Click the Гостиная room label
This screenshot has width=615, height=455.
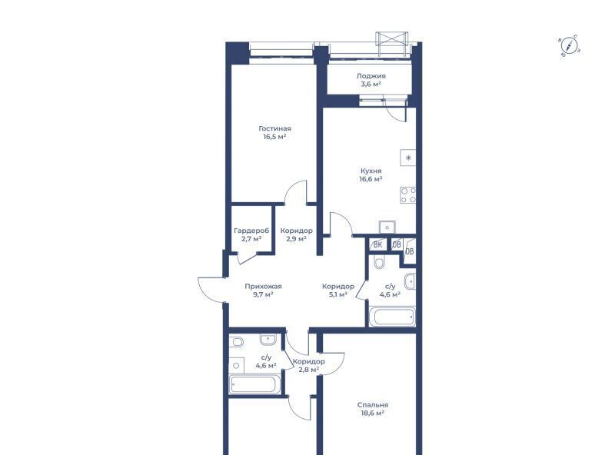tap(274, 132)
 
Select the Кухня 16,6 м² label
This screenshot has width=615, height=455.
tap(371, 175)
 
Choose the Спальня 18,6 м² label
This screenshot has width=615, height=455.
tap(373, 409)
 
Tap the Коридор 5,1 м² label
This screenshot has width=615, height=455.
tap(338, 291)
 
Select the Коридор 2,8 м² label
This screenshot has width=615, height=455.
tap(309, 366)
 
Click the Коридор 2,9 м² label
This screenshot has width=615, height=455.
tap(297, 234)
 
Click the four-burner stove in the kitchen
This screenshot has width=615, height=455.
tap(408, 195)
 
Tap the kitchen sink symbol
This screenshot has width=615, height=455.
tap(387, 227)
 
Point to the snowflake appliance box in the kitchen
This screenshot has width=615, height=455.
tap(408, 158)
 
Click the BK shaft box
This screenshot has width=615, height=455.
tap(377, 244)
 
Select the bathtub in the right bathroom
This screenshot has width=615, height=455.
tap(393, 317)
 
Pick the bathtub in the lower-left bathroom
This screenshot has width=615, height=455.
tap(255, 384)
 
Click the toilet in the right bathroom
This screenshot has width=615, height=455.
tap(379, 262)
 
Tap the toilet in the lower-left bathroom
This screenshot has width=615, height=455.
tap(237, 342)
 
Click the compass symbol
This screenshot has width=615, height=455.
tap(570, 45)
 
